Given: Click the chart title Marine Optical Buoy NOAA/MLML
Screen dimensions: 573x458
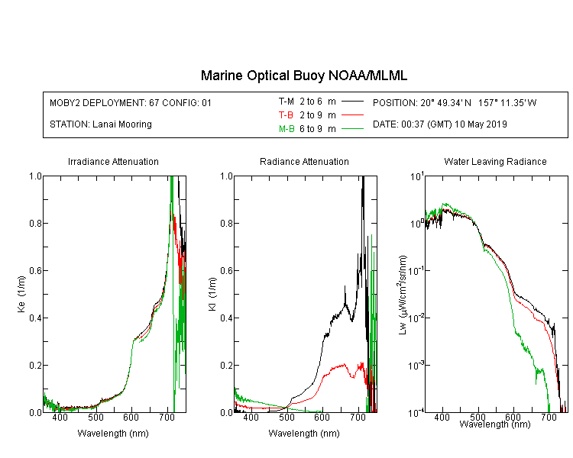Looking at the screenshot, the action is coord(303,76).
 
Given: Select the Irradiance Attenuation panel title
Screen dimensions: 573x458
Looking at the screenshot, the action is coord(113,161).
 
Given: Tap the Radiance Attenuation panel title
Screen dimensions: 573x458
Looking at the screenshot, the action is coord(304,161).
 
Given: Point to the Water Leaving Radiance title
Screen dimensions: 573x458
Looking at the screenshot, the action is coord(495,161).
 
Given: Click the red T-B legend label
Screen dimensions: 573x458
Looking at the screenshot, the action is coord(286,115).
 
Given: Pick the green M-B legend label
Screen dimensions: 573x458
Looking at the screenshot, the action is coord(286,128).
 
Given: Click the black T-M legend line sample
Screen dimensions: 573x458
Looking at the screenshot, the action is coord(352,102).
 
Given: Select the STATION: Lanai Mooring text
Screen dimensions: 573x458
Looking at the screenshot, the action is coord(101,124).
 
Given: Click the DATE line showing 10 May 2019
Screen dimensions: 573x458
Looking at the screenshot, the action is coord(439,124).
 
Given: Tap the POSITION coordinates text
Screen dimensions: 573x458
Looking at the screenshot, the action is coord(455,102).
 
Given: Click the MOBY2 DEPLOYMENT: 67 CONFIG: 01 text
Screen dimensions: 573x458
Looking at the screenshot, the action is coord(131,102).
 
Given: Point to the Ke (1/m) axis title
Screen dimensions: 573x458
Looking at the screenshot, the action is coord(21,294).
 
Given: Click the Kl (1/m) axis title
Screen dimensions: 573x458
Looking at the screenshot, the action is coord(212,294).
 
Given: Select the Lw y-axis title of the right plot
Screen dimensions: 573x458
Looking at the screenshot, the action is coord(403,295).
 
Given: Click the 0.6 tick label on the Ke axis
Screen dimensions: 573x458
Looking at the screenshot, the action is coord(35,270).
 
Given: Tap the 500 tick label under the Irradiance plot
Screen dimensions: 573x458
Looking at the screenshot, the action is coord(95,417).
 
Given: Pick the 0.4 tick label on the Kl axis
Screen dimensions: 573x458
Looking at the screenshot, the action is coord(226,318).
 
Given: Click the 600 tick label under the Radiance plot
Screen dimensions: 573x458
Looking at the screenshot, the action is coord(322,417).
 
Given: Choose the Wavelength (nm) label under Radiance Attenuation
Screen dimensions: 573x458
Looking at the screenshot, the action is coord(304,433).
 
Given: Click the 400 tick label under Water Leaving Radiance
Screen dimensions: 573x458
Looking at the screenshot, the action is coord(442,417).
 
